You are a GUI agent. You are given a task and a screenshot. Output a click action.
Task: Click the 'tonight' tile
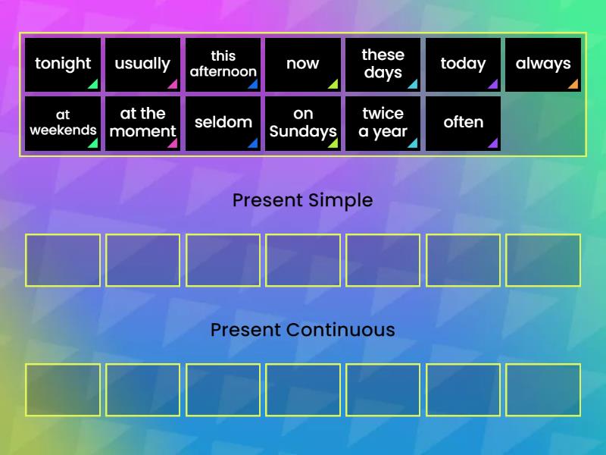[x=63, y=64]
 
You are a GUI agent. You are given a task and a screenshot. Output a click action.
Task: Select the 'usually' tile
[x=142, y=64]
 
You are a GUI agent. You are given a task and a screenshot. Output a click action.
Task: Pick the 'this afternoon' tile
[x=223, y=64]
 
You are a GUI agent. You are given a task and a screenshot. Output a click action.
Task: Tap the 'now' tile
[x=302, y=64]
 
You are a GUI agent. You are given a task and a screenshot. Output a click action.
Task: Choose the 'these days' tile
[x=383, y=64]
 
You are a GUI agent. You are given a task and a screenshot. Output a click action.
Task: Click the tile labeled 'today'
[x=463, y=64]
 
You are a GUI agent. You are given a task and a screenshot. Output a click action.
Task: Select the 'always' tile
[x=543, y=64]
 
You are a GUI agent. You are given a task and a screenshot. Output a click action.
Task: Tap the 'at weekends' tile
[x=63, y=123]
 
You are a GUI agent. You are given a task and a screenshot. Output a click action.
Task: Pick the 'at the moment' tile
[x=142, y=123]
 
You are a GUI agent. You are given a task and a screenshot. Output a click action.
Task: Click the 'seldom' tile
[x=223, y=123]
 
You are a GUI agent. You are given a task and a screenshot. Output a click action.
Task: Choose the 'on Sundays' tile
[x=302, y=123]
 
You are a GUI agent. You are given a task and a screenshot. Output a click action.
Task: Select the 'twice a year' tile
[x=383, y=123]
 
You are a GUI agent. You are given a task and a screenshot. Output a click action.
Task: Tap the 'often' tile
[x=463, y=123]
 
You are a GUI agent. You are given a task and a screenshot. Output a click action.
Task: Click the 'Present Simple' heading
[x=302, y=200]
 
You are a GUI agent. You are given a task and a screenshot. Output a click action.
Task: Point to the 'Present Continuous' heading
[x=302, y=330]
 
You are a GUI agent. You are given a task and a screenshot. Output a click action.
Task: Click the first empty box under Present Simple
[x=63, y=260]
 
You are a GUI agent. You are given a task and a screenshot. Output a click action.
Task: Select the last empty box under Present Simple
[x=543, y=260]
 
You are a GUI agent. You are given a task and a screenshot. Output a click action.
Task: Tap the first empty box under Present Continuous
[x=63, y=390]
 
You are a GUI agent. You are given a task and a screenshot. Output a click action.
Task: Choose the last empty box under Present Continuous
[x=543, y=390]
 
